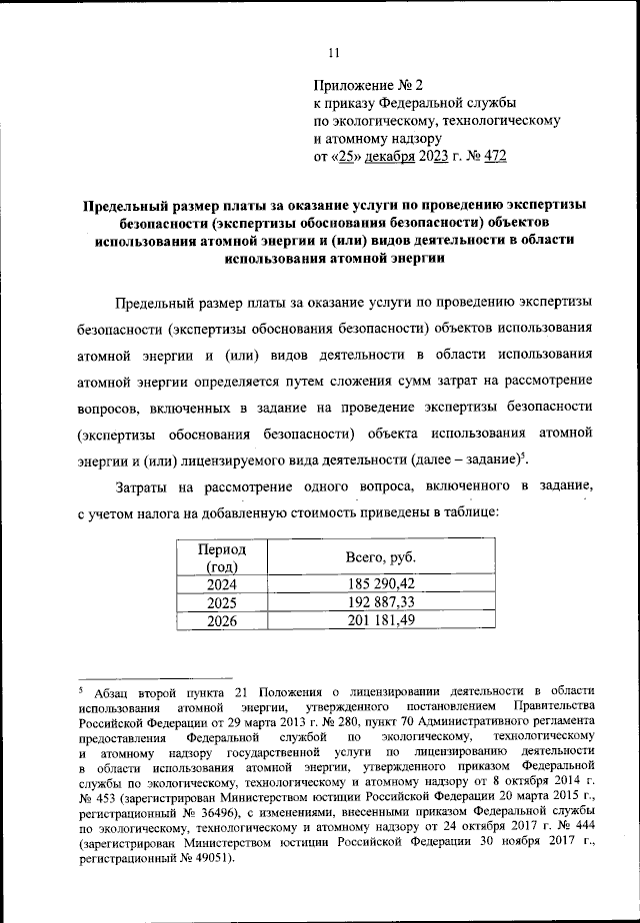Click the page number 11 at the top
[334, 53]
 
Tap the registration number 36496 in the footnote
[202, 814]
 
